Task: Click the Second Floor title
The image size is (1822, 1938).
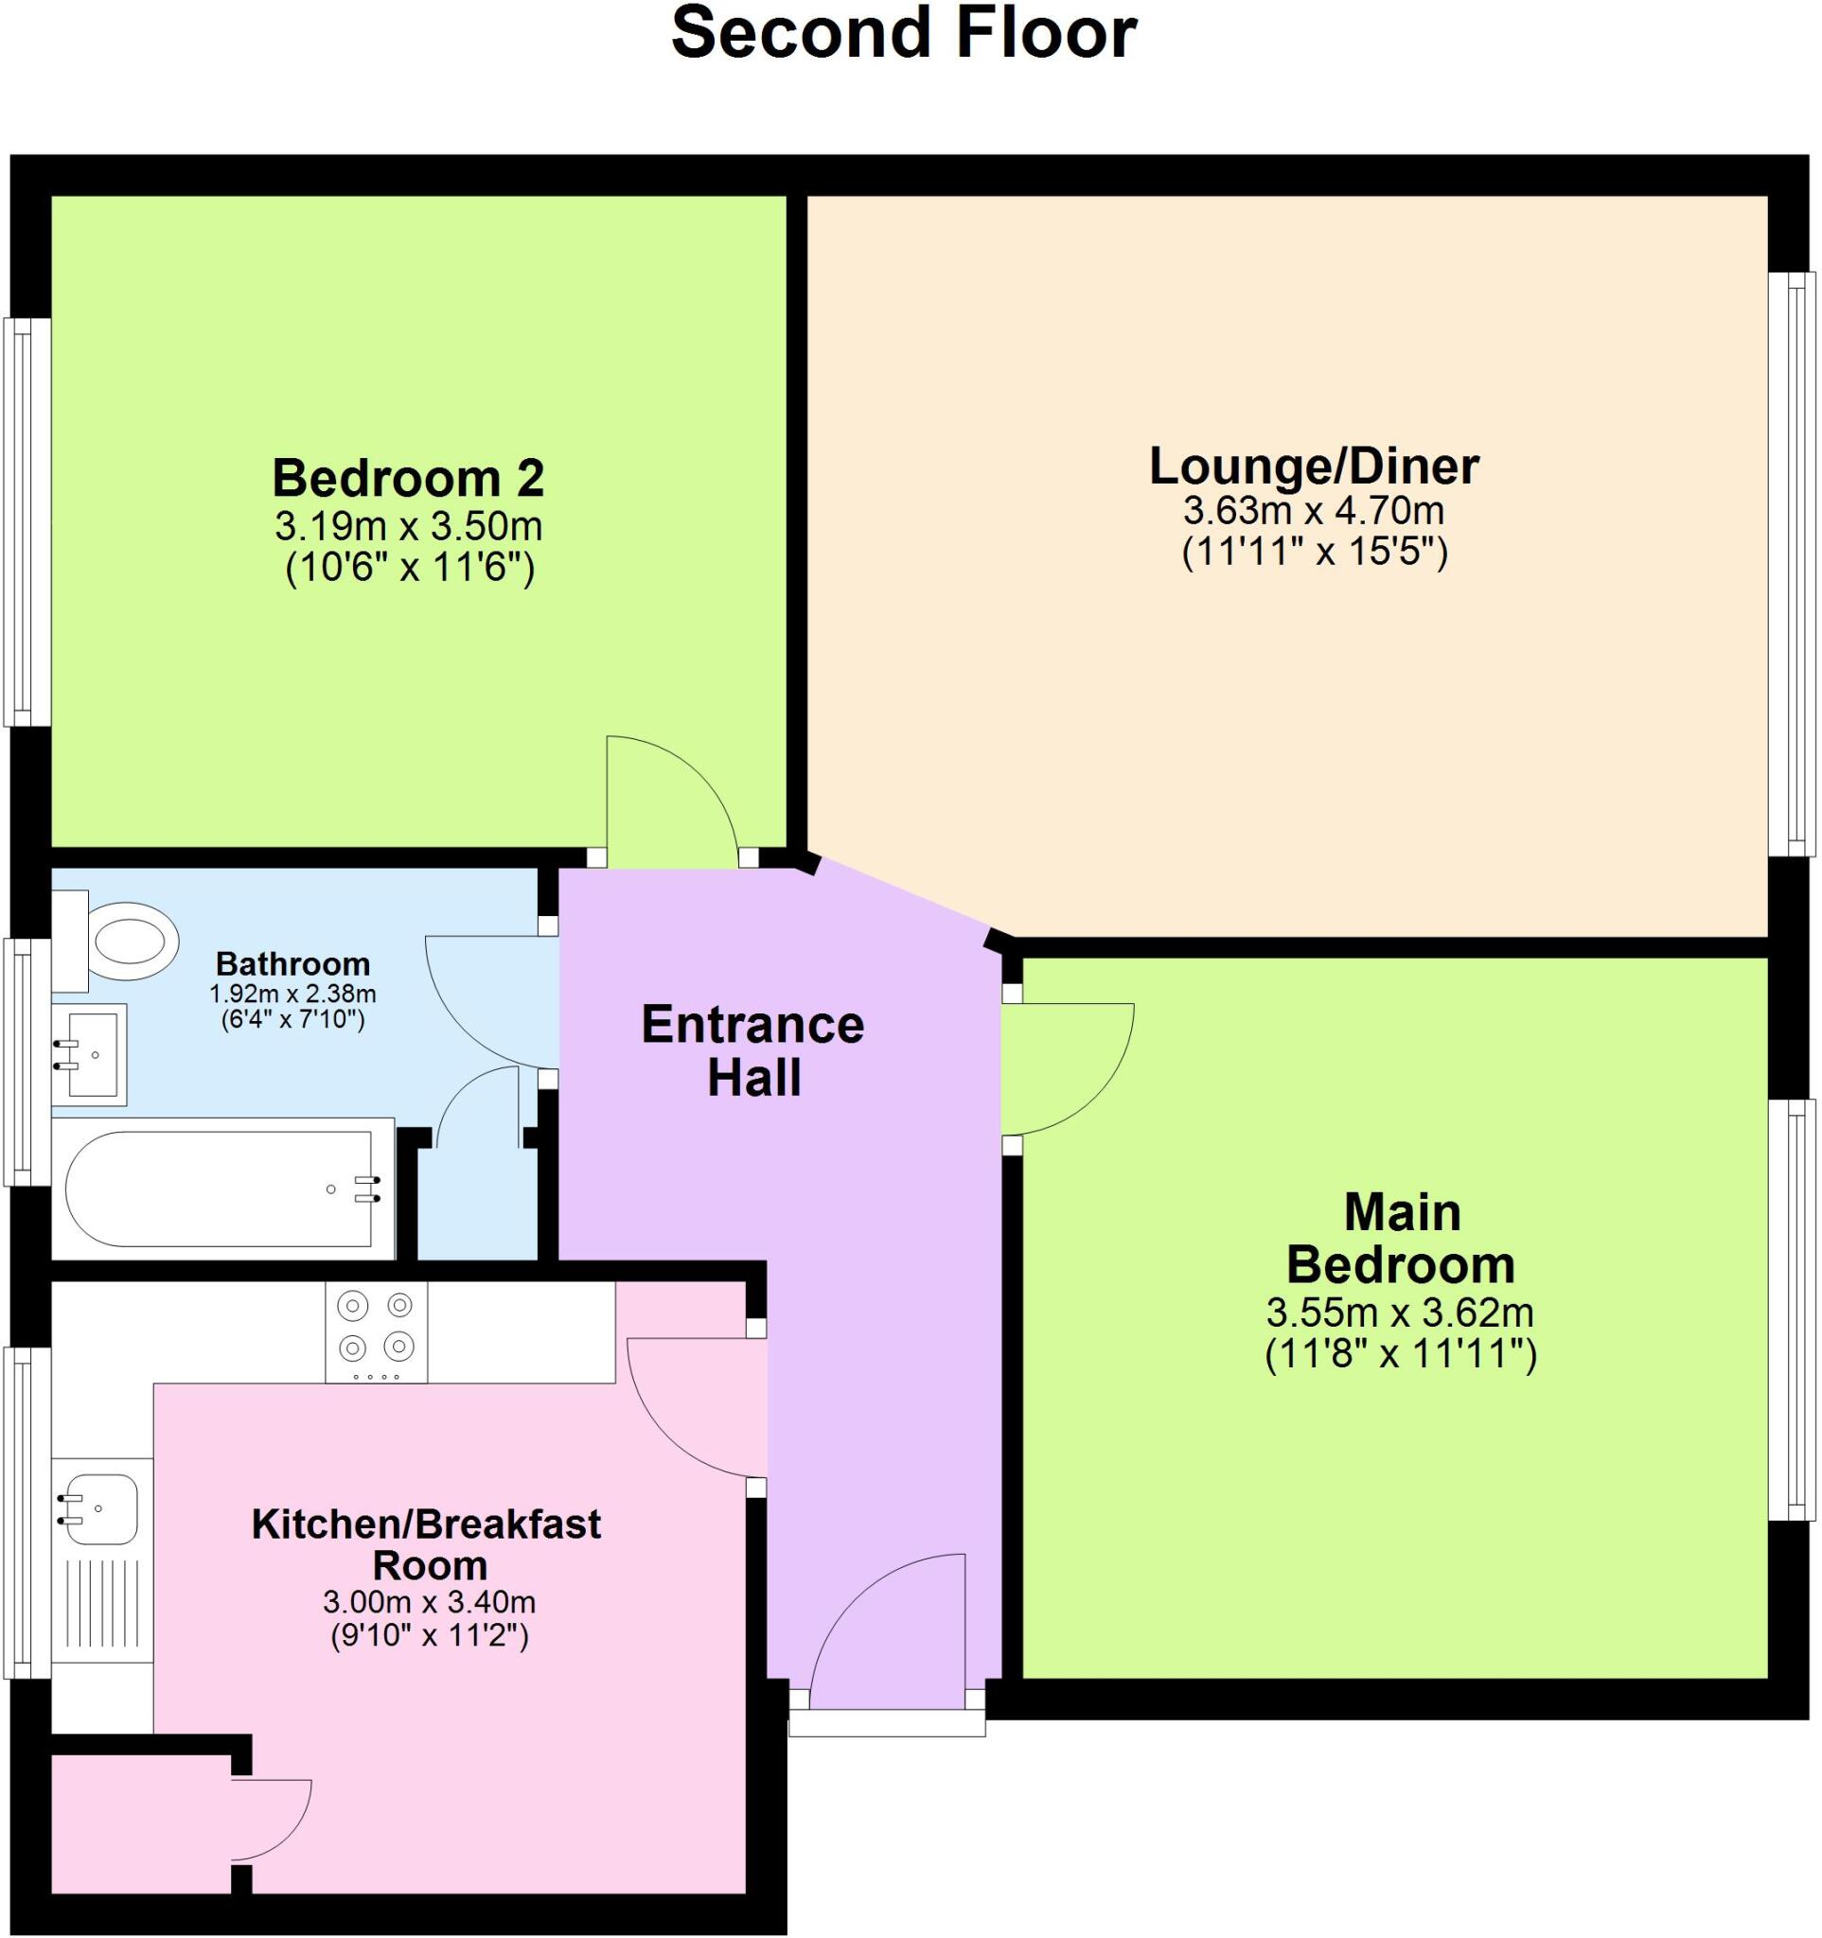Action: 904,33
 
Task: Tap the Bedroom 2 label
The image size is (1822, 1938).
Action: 408,479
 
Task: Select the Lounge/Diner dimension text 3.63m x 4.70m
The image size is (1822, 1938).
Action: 1313,510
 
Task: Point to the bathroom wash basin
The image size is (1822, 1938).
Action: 92,1055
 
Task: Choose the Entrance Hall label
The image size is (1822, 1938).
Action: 752,1052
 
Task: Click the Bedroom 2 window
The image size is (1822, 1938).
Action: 27,521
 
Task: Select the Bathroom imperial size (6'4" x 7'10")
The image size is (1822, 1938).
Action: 292,1021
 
